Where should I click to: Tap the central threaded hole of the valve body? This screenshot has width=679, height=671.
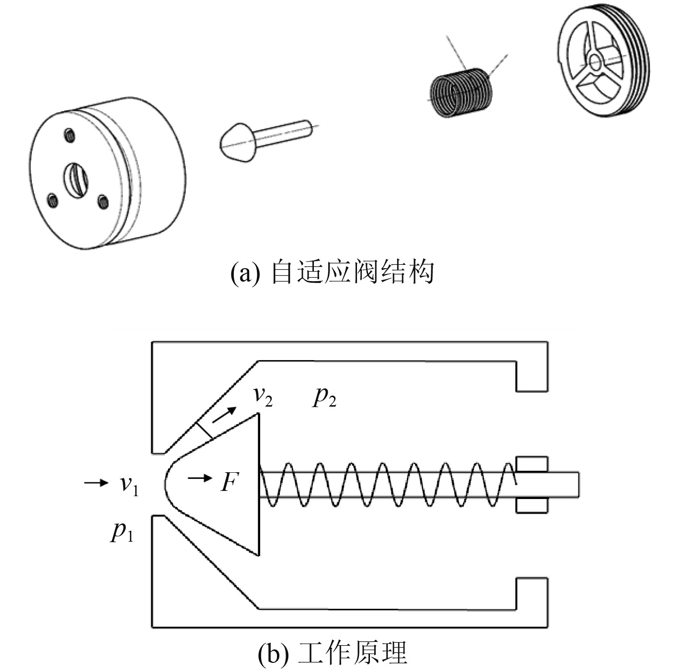[76, 180]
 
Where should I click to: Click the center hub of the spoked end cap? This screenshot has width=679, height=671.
[596, 62]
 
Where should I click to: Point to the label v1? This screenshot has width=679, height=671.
[129, 484]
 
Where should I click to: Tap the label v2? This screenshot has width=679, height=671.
[263, 396]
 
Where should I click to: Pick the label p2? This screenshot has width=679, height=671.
[324, 397]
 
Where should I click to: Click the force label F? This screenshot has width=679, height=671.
[229, 482]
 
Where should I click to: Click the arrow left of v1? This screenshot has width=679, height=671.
[96, 483]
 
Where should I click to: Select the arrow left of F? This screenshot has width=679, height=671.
[200, 478]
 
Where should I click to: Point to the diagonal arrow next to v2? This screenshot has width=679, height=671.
[224, 415]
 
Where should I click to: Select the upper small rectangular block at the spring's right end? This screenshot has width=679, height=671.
[532, 464]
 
